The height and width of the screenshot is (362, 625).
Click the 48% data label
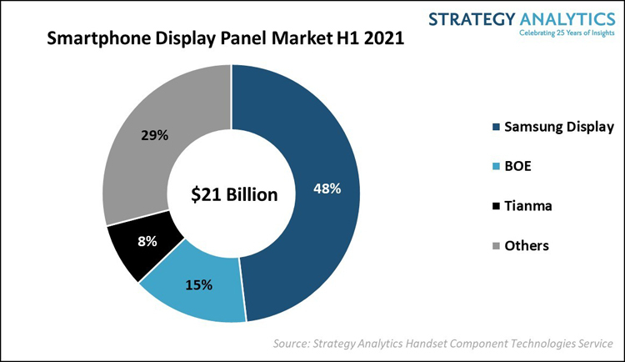coord(327,189)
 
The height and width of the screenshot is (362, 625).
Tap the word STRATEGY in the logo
coord(472,18)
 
